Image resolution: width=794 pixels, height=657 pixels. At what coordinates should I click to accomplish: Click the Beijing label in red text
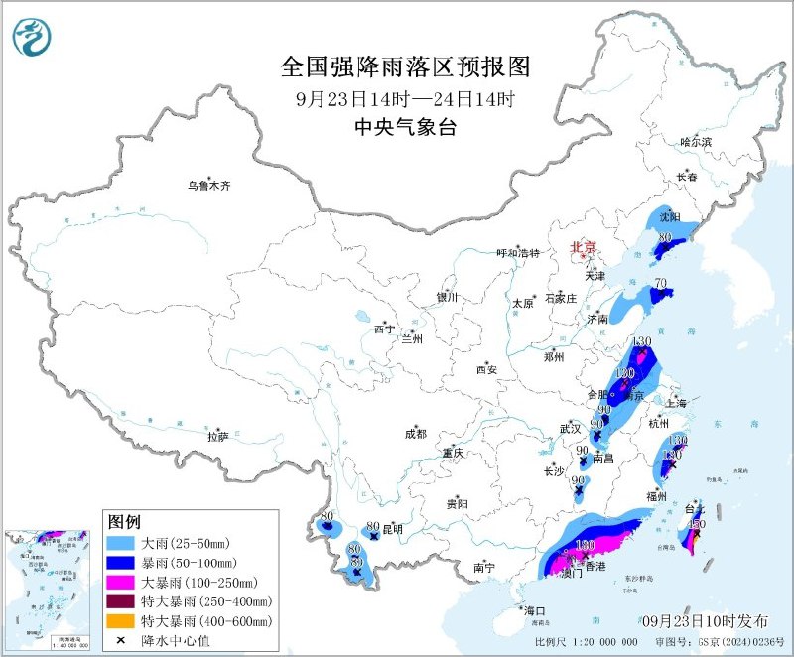tap(583, 246)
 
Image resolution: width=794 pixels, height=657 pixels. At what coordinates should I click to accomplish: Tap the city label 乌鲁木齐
tap(208, 185)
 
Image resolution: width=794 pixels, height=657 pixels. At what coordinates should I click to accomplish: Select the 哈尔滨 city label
tap(696, 142)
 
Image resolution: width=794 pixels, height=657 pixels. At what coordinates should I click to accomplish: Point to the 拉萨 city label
tap(217, 436)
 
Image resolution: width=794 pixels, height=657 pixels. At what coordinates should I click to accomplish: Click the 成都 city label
tap(415, 433)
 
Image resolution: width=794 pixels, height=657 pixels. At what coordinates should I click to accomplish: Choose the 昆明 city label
tap(395, 527)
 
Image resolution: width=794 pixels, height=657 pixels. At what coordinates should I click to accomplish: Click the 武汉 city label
tap(569, 428)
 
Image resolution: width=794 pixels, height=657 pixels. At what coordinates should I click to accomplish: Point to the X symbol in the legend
tap(121, 640)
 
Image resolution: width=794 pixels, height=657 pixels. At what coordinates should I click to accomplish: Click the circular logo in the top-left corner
tap(30, 37)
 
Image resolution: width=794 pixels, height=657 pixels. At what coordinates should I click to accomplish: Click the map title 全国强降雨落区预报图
tap(406, 67)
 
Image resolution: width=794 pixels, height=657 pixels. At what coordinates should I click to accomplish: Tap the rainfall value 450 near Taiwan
tap(696, 524)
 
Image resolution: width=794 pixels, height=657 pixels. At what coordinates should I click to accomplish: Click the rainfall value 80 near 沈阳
tap(666, 237)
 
